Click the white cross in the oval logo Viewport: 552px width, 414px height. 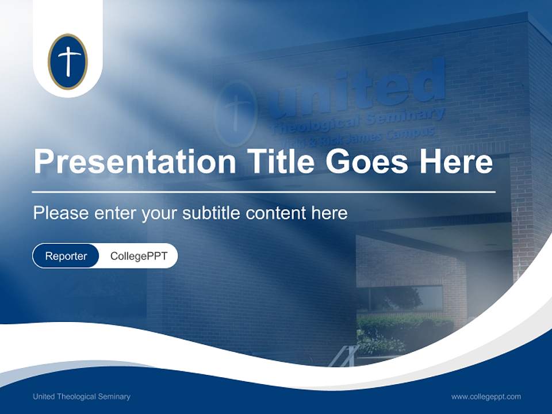[68, 60]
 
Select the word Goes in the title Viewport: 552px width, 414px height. [369, 162]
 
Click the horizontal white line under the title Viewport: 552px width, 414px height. [263, 191]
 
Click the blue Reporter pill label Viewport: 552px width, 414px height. [66, 256]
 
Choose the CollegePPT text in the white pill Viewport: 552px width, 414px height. [139, 256]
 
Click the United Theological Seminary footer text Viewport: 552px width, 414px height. [82, 396]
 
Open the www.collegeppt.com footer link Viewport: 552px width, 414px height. [486, 396]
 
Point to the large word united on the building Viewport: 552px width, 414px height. [356, 89]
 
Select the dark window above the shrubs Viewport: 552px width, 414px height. [402, 298]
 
